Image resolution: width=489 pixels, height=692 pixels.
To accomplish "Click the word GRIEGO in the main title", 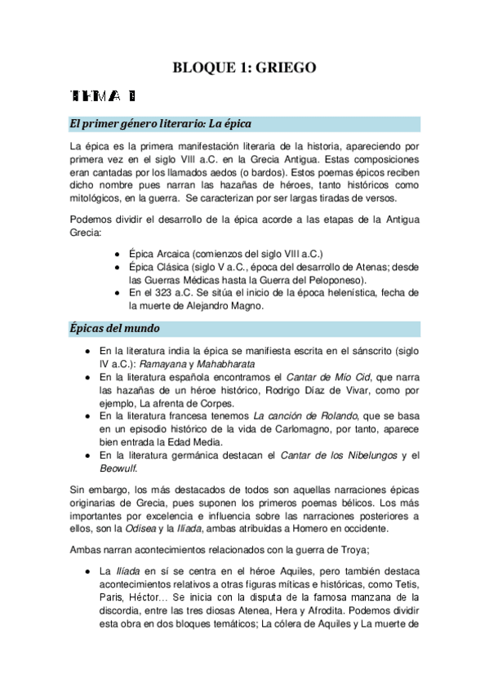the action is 281,68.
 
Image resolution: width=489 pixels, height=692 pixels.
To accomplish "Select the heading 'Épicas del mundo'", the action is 113,328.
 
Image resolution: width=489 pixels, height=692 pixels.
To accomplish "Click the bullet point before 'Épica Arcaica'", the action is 120,254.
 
